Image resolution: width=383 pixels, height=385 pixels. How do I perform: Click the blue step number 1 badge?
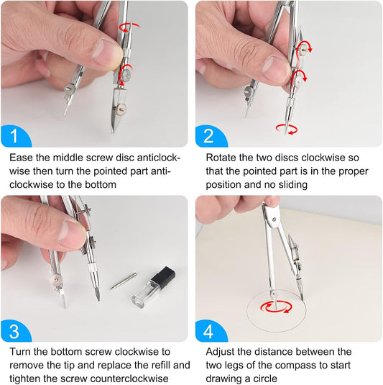pos(14,136)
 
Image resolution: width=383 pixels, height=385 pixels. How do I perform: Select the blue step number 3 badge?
pos(14,331)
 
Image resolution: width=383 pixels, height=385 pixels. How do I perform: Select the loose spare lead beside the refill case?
pos(124,281)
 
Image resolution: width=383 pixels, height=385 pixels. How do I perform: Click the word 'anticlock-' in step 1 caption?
pos(159,158)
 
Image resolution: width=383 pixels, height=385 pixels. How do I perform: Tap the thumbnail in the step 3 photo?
pos(72,232)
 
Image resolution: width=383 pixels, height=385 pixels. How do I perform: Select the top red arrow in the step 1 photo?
pos(129,27)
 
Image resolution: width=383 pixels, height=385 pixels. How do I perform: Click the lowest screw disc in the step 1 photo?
pos(121,107)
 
